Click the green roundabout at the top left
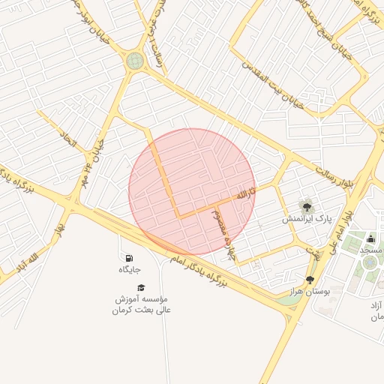(135, 61)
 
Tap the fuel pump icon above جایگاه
(130, 258)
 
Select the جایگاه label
(130, 268)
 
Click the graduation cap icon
(140, 287)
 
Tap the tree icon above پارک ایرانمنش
(306, 205)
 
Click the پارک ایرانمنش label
(306, 218)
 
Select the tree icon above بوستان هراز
(310, 279)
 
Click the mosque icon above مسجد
(370, 239)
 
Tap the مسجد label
(371, 249)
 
